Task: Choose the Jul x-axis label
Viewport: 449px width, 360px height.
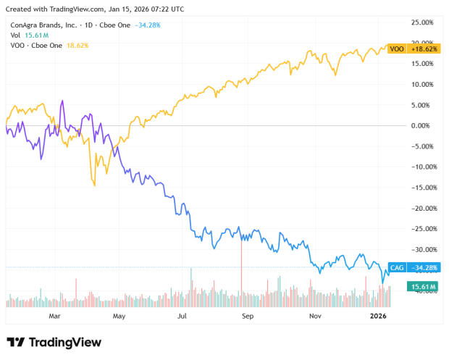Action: (x=183, y=317)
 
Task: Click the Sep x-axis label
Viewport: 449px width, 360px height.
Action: (x=248, y=317)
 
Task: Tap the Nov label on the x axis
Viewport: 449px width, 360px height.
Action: (x=314, y=317)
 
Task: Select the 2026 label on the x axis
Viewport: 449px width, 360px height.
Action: (x=379, y=317)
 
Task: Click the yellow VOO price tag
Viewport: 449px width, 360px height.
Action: (x=397, y=49)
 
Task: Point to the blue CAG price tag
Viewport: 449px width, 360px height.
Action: (x=397, y=267)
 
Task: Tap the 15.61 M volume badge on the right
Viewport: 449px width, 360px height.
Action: (x=423, y=288)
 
